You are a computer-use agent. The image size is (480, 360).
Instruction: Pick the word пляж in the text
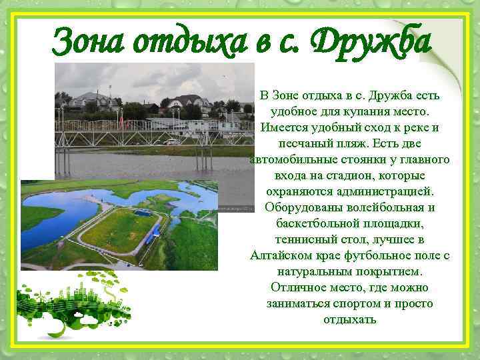(x=353, y=144)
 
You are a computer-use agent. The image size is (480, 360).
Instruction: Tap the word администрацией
(x=383, y=192)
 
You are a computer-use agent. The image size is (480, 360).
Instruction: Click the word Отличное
(x=299, y=288)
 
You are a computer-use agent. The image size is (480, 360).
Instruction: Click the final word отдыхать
(x=350, y=320)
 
